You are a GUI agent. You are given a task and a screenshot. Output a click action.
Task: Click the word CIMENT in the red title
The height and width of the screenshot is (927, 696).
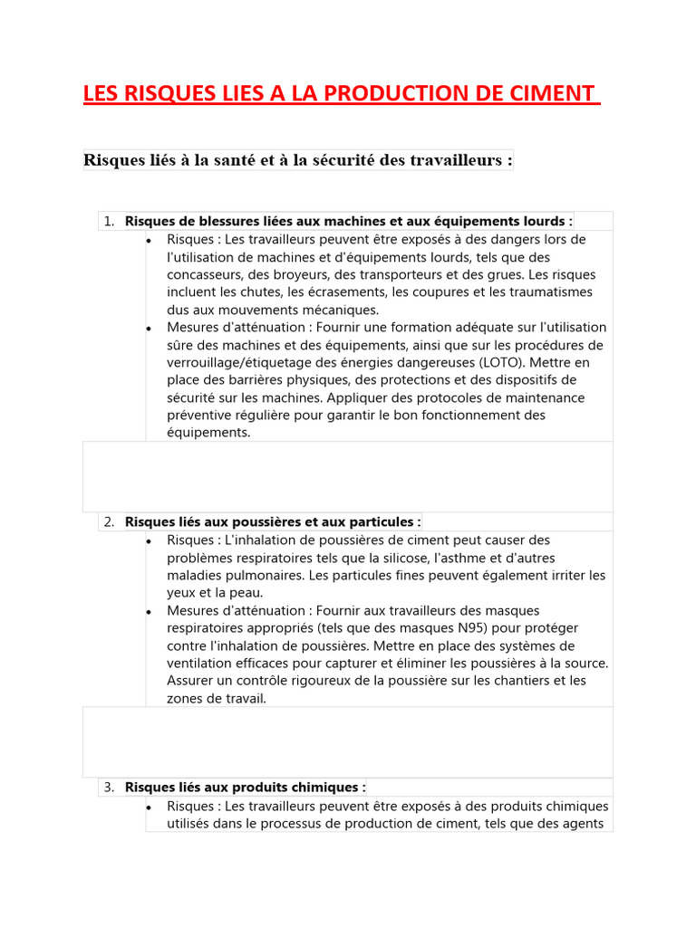point(553,94)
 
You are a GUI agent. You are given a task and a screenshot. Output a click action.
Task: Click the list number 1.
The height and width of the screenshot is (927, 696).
point(108,222)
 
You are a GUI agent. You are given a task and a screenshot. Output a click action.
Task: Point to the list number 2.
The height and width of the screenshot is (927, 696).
point(108,522)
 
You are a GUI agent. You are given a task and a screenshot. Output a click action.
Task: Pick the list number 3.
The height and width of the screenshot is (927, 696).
point(108,788)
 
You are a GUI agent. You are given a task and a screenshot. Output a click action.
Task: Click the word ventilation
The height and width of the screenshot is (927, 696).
point(201,664)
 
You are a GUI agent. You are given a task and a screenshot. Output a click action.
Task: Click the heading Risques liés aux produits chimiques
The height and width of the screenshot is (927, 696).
point(245,788)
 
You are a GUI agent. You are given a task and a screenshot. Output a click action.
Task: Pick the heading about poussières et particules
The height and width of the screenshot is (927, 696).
point(272,522)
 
